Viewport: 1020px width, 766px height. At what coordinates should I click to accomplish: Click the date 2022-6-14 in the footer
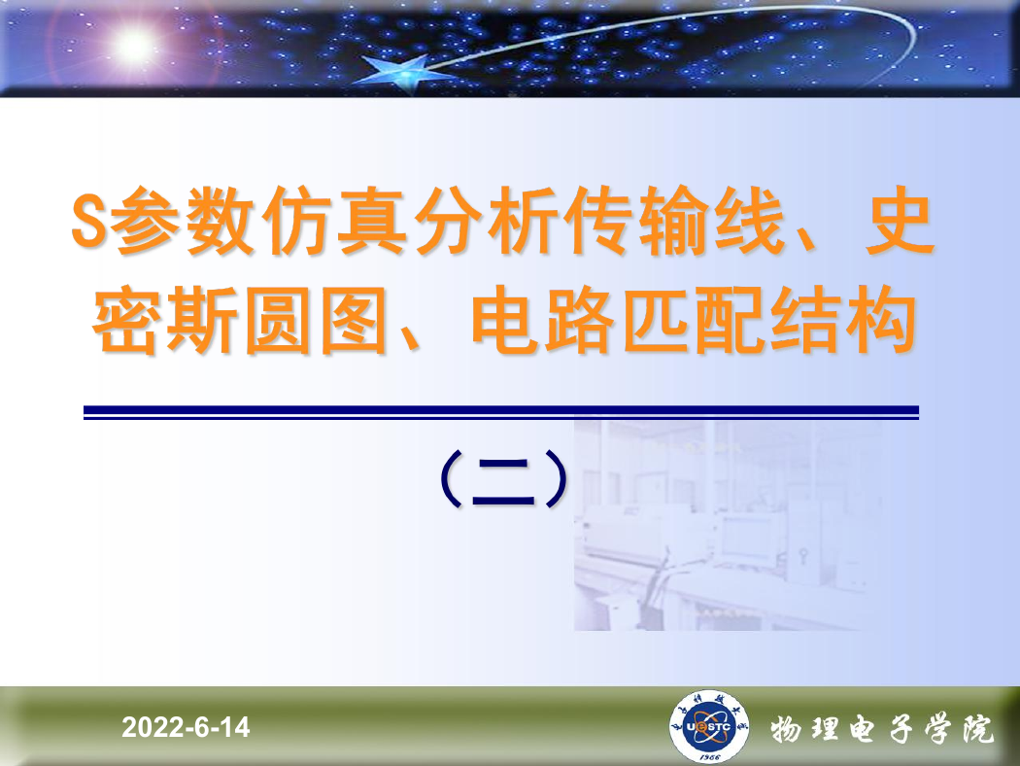click(186, 727)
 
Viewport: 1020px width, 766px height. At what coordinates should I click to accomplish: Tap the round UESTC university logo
click(708, 726)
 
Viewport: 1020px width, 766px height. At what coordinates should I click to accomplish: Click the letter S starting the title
click(89, 220)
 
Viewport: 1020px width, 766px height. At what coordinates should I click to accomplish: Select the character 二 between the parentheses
click(503, 481)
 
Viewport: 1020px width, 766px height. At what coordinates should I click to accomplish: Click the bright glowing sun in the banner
click(133, 46)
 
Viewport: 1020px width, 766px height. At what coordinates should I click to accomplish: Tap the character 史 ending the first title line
click(900, 220)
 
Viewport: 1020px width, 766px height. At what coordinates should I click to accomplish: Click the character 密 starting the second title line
click(127, 320)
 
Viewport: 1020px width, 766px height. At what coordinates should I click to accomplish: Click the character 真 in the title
click(372, 220)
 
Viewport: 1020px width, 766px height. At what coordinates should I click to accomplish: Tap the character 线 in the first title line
click(749, 220)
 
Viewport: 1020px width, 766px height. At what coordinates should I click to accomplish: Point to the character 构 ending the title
click(882, 320)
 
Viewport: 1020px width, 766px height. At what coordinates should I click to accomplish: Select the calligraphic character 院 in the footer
click(977, 729)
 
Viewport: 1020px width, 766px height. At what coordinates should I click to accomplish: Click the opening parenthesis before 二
click(450, 479)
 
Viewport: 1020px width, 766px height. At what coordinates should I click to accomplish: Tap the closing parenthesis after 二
click(557, 479)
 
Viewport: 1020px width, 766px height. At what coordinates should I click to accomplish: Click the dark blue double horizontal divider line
click(501, 412)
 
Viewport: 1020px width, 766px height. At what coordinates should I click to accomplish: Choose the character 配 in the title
click(731, 320)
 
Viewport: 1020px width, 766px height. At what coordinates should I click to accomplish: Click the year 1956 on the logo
click(709, 757)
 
